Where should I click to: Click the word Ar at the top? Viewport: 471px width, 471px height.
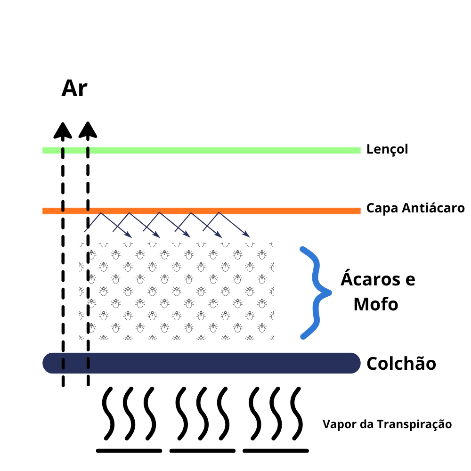74,89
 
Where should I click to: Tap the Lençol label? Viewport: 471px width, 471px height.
387,149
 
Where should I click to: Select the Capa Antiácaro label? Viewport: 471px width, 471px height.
415,208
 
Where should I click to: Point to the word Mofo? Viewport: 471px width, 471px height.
376,304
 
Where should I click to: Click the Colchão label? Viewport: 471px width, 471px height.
401,363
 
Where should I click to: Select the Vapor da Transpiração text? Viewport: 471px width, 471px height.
387,424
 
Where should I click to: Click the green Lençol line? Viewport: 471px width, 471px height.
201,150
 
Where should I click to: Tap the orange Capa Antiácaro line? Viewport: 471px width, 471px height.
201,211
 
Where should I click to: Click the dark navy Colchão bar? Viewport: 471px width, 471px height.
201,363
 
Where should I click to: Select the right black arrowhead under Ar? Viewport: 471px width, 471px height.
88,130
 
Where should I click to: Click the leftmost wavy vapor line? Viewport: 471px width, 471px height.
108,414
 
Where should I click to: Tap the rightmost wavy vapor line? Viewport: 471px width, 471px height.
296,414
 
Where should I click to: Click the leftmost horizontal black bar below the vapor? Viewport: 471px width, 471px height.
129,451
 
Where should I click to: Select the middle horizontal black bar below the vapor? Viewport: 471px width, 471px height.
203,451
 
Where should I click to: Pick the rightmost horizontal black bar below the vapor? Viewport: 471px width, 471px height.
276,451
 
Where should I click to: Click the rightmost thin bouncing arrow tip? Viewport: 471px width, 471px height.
249,237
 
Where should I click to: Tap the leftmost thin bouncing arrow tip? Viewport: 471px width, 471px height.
131,237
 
